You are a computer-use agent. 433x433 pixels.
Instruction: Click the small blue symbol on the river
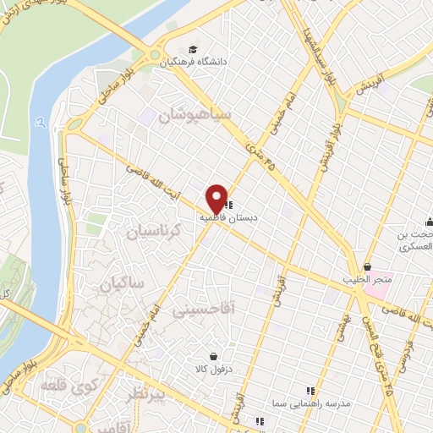coord(41,121)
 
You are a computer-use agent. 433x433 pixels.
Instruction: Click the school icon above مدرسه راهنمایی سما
coord(310,390)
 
